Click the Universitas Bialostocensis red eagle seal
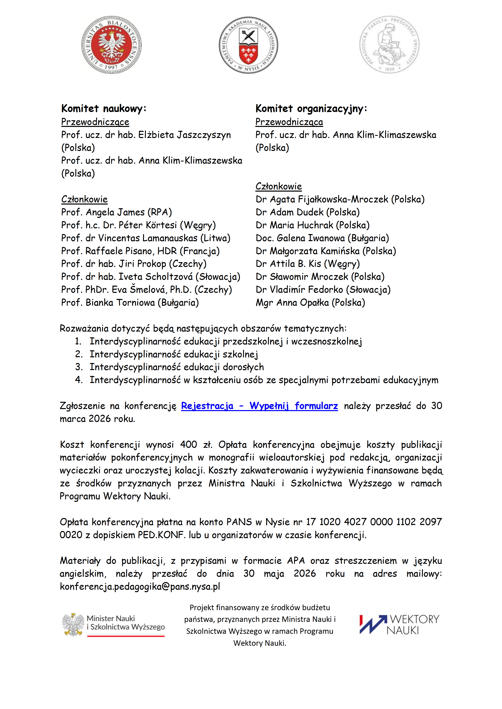(x=111, y=45)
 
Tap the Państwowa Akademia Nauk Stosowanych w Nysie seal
(x=248, y=45)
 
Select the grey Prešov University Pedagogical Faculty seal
(x=389, y=45)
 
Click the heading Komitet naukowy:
(x=104, y=108)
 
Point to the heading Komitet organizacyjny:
(x=311, y=108)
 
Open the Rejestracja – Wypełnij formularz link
(x=259, y=406)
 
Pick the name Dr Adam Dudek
(x=308, y=212)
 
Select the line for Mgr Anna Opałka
(x=310, y=302)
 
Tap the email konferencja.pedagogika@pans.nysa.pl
(x=140, y=586)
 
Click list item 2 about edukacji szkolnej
(x=174, y=354)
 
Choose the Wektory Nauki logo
(x=399, y=624)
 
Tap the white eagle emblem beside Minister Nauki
(x=73, y=624)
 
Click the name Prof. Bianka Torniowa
(x=130, y=302)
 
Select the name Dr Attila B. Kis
(x=308, y=264)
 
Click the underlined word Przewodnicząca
(x=289, y=122)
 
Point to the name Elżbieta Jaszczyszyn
(x=185, y=135)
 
